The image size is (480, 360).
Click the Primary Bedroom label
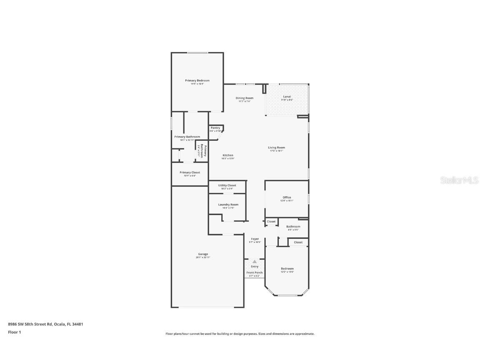(197, 80)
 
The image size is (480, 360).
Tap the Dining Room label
(244, 98)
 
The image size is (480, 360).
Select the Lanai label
(287, 97)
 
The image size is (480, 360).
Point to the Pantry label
(215, 128)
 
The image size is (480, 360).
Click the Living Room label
(276, 147)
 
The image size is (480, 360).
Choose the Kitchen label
(228, 155)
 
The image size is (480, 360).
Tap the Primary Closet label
(190, 172)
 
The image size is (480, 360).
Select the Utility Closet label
(227, 185)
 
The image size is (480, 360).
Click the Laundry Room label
(228, 205)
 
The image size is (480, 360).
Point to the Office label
(287, 197)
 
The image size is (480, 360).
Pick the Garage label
(203, 254)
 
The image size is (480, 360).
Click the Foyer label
(255, 239)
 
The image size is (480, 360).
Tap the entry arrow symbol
(255, 262)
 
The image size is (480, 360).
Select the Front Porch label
(255, 272)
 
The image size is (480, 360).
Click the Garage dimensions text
(203, 257)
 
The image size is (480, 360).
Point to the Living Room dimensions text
(276, 151)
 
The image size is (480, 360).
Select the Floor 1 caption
(14, 332)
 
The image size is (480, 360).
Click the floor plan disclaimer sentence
(240, 334)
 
